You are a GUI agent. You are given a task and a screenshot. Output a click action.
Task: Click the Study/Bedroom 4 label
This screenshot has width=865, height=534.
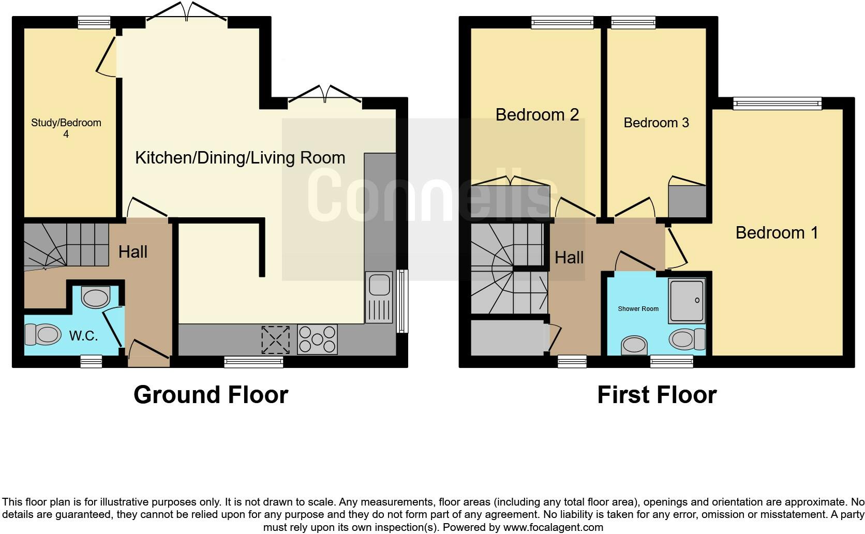point(66,128)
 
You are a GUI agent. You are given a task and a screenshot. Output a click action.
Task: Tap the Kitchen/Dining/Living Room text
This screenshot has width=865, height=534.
point(240,158)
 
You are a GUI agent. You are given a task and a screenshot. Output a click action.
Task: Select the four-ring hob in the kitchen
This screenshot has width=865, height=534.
point(317,339)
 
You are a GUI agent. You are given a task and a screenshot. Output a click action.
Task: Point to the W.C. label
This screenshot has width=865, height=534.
point(83,336)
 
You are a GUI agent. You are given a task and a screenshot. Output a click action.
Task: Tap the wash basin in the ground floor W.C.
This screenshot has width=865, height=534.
point(96,298)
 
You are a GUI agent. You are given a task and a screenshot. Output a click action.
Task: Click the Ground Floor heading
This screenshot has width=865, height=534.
point(211,395)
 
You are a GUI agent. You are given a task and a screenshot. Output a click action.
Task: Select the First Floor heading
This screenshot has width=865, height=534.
point(657,395)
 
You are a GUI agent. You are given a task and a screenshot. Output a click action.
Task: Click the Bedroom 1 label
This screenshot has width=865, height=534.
point(777,233)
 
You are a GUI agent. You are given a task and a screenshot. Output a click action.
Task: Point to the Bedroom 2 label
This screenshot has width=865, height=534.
point(537,114)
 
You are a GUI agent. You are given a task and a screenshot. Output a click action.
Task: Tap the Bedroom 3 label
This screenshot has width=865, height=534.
point(656,123)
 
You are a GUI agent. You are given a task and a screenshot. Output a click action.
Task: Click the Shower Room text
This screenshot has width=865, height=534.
point(638,309)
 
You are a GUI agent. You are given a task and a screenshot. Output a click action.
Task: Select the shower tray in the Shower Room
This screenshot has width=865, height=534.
point(687,301)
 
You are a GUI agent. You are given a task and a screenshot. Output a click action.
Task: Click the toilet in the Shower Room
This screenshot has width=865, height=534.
point(687,339)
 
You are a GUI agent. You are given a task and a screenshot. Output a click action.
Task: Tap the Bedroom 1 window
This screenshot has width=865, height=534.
point(777,103)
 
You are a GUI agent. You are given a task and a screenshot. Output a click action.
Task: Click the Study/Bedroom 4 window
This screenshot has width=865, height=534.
point(94,22)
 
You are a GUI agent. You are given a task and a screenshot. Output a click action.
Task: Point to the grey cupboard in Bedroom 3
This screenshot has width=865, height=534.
point(687,202)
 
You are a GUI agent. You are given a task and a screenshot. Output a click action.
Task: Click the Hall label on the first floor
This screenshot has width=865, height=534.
point(569,258)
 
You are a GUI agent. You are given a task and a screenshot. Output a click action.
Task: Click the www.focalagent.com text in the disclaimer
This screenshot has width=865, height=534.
point(553,528)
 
